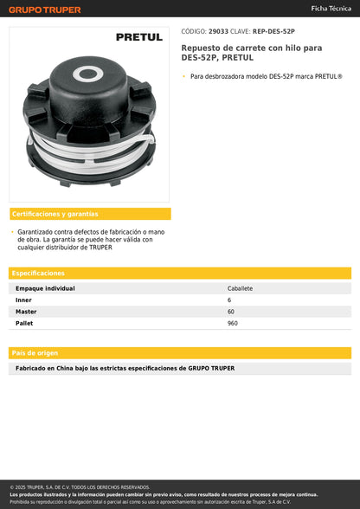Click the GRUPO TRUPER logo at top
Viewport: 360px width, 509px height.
45,10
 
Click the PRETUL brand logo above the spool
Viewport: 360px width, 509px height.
138,37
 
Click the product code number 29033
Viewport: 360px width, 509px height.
217,30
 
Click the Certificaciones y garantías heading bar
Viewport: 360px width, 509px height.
90,214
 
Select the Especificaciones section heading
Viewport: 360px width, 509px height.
39,273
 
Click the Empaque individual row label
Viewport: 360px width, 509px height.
45,288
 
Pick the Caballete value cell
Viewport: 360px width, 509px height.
240,288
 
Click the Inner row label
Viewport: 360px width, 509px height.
23,300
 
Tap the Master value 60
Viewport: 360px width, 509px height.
231,311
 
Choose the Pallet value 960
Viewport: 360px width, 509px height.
233,322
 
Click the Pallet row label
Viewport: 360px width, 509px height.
24,322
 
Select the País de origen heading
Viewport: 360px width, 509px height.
35,353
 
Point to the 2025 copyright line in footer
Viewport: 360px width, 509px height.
80,487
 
